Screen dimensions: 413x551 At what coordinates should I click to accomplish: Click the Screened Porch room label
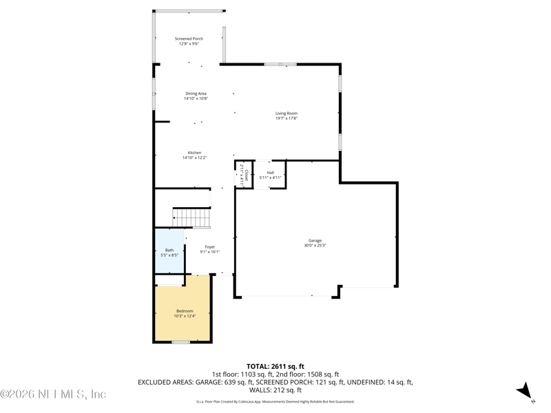[188, 39]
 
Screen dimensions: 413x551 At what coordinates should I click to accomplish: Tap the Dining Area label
[196, 94]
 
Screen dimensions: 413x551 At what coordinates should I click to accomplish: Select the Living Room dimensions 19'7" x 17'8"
[287, 118]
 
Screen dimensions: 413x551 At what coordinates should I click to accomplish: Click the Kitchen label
[195, 153]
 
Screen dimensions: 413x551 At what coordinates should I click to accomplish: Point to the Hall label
[271, 173]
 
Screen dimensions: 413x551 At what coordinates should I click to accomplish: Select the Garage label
[315, 240]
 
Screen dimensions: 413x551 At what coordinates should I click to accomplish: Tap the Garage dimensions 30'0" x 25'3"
[315, 245]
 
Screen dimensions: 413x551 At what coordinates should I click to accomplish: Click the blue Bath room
[169, 252]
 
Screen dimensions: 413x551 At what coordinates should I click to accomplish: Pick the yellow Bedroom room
[183, 313]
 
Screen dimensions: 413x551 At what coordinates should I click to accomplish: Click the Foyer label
[209, 246]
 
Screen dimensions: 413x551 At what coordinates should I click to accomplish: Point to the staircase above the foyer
[191, 217]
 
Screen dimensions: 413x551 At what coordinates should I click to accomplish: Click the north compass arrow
[525, 391]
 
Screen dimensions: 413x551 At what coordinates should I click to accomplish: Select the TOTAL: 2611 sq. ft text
[275, 366]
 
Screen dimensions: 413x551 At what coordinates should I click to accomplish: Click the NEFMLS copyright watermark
[53, 394]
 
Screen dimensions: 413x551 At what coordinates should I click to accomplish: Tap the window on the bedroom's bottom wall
[181, 342]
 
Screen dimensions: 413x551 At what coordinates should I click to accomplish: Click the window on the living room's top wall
[281, 65]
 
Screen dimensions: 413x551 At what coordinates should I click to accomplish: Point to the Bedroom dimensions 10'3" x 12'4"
[185, 316]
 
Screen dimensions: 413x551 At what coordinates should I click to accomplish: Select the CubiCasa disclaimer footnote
[275, 401]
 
